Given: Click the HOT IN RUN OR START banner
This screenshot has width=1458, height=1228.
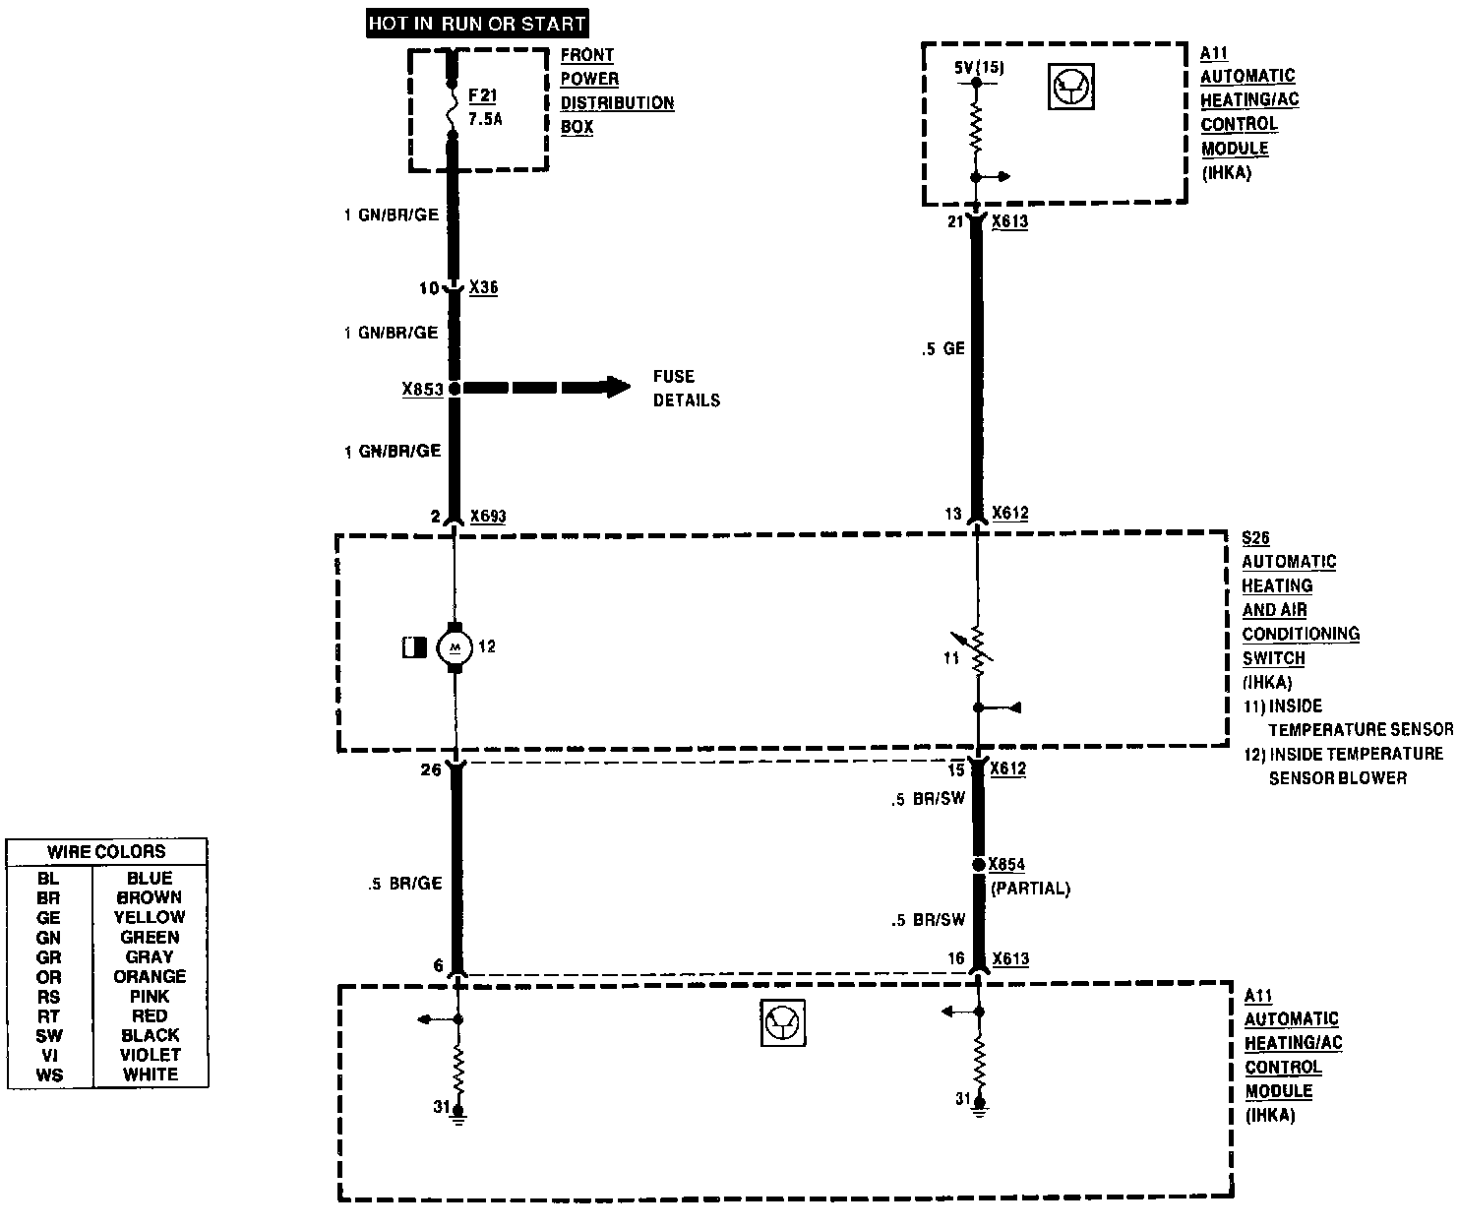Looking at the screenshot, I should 477,23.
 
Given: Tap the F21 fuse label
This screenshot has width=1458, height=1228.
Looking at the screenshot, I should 483,96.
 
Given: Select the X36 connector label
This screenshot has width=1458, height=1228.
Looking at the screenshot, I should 483,288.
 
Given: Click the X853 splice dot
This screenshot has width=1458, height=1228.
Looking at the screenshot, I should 455,389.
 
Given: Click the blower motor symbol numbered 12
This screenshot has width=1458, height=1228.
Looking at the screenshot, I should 455,646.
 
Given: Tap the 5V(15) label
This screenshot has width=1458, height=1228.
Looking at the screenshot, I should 979,68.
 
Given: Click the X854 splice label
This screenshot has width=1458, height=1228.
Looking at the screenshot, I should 1007,865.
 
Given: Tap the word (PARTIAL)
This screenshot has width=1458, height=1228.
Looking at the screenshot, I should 1030,889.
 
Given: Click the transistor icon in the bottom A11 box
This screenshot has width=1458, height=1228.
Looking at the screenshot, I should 783,1023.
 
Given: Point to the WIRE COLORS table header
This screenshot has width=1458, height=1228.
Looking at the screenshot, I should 106,852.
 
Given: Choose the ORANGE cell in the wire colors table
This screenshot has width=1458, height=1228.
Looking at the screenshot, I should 150,977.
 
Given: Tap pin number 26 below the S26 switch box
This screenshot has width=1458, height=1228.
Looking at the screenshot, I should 431,770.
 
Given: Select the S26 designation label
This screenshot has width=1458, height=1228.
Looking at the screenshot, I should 1255,538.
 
